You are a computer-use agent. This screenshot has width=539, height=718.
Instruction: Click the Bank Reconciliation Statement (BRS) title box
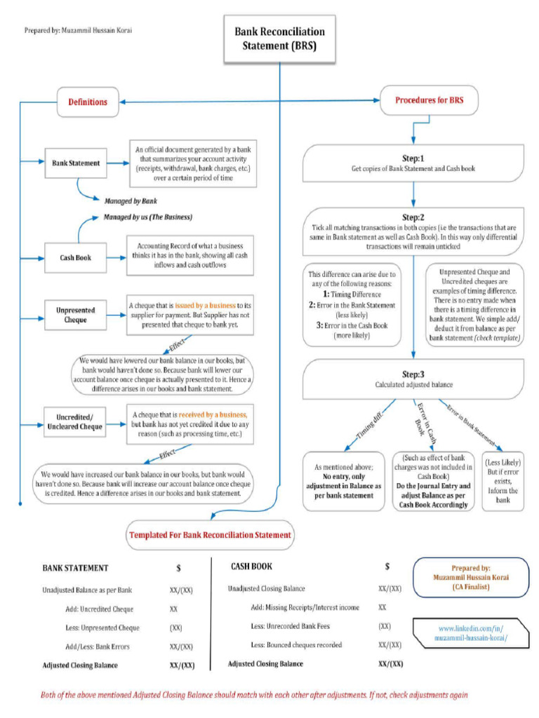(279, 39)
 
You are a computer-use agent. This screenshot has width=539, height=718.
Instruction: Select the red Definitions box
(88, 102)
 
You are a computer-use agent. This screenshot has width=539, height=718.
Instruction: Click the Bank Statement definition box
(75, 163)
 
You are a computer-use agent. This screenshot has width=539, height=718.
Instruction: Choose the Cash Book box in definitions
(75, 257)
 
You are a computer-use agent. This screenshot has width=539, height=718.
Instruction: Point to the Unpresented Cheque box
(75, 315)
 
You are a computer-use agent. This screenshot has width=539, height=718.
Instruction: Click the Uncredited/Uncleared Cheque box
(75, 421)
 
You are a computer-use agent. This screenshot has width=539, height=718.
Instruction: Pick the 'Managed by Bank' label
(131, 201)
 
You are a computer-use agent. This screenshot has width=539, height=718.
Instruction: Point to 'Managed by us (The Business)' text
(147, 217)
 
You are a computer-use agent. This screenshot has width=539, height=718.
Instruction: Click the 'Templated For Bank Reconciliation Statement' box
(209, 535)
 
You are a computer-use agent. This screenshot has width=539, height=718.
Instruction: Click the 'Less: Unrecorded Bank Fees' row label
(289, 625)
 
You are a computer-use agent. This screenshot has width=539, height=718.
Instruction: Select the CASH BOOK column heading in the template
(251, 567)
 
